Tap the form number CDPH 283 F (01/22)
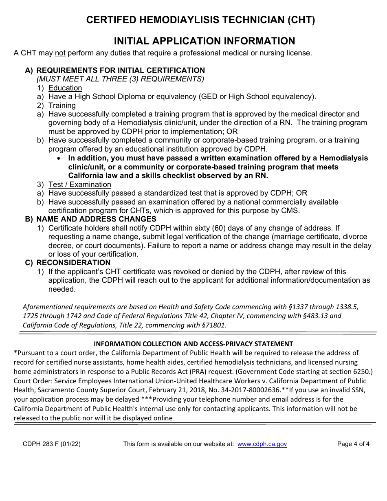coord(52,444)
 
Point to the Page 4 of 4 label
coord(353,444)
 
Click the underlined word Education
coord(65,88)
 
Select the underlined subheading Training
coord(62,105)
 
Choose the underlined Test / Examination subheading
coord(80,185)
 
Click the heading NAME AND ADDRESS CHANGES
coord(96,220)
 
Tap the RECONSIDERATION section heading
coord(73,263)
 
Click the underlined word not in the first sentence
coord(60,53)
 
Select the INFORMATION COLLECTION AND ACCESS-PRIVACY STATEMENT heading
coord(193,344)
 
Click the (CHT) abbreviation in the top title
coord(301,20)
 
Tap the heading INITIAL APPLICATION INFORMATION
coord(204,41)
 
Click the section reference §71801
coord(211,325)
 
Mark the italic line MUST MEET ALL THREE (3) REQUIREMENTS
coord(121,79)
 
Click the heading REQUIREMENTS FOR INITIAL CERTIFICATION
coord(121,70)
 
